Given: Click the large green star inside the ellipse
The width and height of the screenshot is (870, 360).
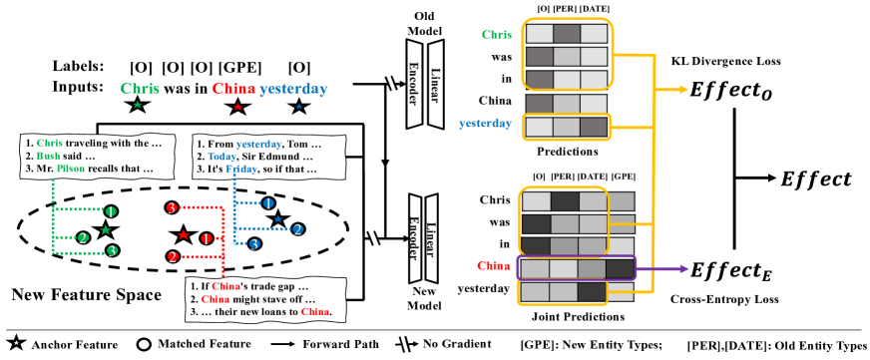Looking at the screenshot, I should [105, 230].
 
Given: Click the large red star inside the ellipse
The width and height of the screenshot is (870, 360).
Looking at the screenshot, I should [183, 235].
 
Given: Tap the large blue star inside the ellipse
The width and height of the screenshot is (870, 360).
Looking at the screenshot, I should [277, 218].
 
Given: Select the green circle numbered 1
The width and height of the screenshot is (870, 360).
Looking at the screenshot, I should [111, 211].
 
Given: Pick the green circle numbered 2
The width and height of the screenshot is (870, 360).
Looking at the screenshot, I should [83, 237].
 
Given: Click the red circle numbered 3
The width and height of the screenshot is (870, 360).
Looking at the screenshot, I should [172, 207].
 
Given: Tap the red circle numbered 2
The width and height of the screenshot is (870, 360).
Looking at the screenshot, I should [173, 257].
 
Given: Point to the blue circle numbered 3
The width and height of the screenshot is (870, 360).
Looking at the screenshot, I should [254, 243].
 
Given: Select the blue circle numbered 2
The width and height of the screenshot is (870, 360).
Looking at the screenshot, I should [297, 229].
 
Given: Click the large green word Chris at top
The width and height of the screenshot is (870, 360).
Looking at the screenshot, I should [140, 89].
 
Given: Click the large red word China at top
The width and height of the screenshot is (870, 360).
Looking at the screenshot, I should [233, 89].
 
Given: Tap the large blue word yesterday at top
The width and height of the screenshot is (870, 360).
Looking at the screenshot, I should [293, 89].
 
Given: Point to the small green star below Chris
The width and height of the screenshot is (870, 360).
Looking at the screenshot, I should [138, 105].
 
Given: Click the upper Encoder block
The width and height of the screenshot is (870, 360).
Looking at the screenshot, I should [414, 84].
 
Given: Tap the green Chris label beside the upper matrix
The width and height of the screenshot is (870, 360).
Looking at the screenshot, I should [496, 35].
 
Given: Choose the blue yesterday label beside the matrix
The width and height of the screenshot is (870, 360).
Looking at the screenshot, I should [485, 124].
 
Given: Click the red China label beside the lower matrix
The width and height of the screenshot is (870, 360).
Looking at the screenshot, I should [493, 266].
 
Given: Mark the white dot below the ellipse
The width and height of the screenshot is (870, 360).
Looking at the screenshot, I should [144, 344].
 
